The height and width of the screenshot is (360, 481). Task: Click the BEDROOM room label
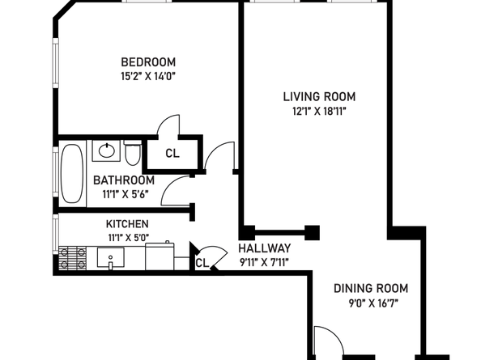(x=148, y=62)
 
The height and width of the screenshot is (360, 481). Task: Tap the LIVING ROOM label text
(x=319, y=97)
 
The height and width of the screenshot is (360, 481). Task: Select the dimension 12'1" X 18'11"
(x=319, y=111)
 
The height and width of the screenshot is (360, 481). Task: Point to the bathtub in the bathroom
(x=72, y=173)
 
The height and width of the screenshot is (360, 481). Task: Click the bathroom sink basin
(x=107, y=150)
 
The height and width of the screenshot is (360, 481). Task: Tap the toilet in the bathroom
(x=133, y=153)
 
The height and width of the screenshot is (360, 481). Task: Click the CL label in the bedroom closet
(x=172, y=153)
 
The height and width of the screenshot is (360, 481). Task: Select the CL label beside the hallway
(x=202, y=263)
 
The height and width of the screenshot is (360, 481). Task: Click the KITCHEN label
(x=127, y=224)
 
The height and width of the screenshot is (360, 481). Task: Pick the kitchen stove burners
(x=72, y=258)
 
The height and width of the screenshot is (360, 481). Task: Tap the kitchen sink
(x=111, y=258)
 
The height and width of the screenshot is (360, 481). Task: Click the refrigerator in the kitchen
(x=160, y=256)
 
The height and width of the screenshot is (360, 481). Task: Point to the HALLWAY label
(x=265, y=248)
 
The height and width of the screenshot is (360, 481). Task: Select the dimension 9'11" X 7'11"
(x=264, y=262)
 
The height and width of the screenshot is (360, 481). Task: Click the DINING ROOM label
(x=371, y=288)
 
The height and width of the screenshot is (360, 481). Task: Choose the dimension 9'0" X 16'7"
(x=373, y=303)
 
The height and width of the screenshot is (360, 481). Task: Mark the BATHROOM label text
(x=124, y=180)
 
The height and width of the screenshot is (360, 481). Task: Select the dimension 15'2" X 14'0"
(x=148, y=76)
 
